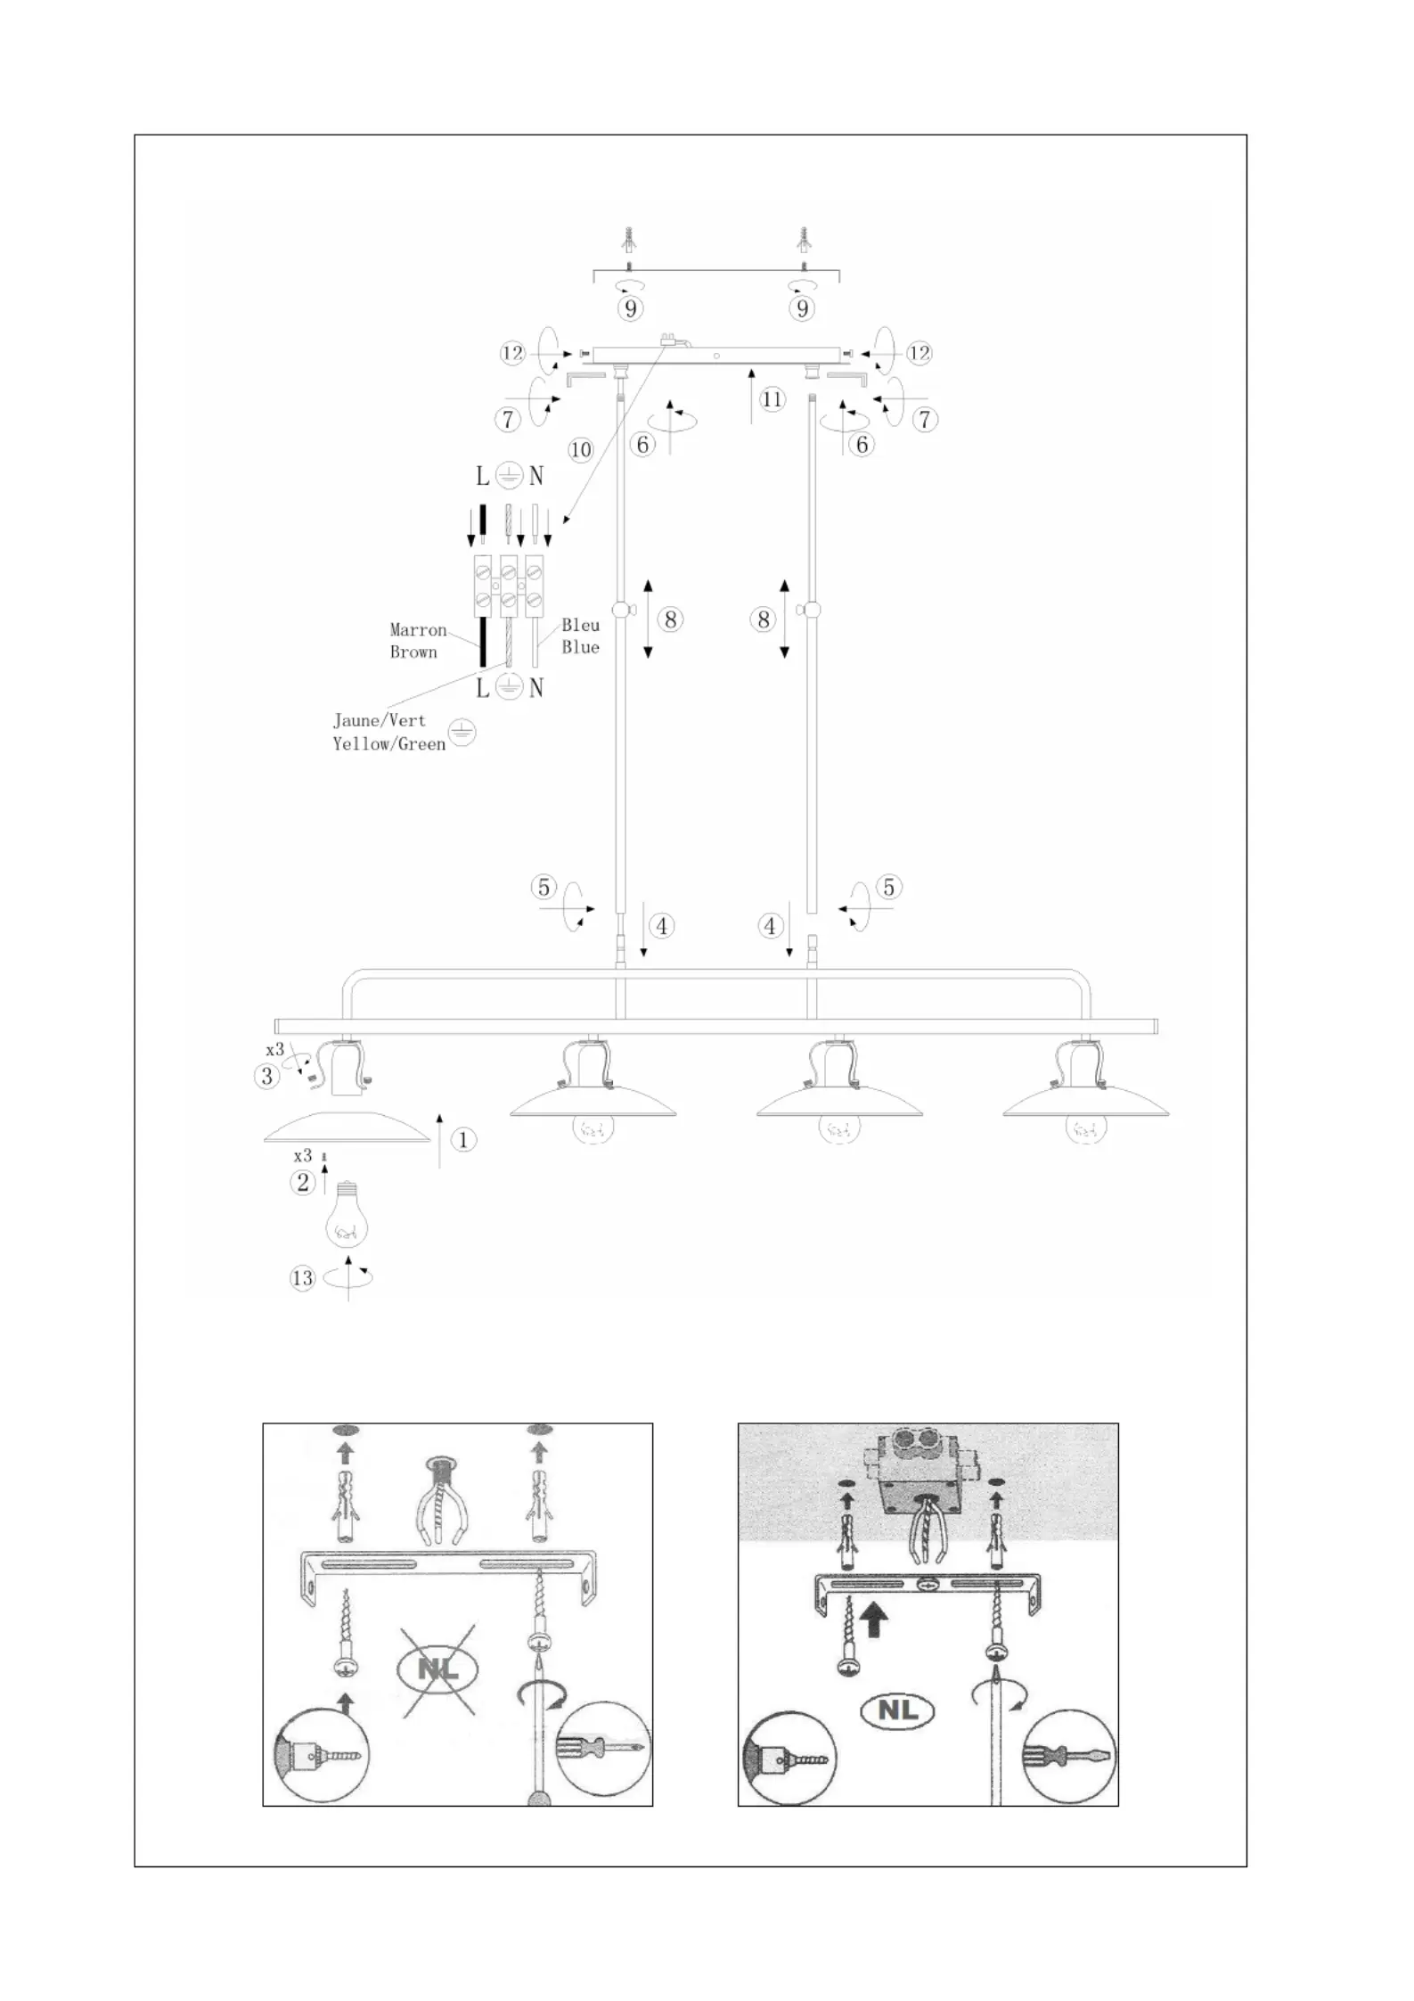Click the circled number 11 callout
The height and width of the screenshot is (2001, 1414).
(x=772, y=399)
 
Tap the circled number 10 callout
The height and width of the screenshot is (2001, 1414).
(x=580, y=450)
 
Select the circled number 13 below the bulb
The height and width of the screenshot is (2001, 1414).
(x=303, y=1278)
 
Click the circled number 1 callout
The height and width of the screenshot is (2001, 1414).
(x=462, y=1139)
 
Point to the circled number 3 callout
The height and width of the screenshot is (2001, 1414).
(x=266, y=1076)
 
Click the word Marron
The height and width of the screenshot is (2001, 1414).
(x=418, y=630)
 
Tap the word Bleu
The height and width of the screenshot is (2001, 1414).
(x=580, y=625)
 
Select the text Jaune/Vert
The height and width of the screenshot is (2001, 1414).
(x=380, y=720)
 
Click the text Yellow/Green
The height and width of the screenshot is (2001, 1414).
(x=389, y=743)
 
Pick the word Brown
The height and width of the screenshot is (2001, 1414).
(x=413, y=652)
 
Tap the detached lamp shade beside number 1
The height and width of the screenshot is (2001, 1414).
(x=347, y=1128)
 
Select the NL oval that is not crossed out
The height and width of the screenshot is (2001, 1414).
(x=898, y=1710)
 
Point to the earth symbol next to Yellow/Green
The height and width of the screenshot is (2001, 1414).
(x=462, y=733)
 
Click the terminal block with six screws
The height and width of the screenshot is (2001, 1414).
(x=509, y=586)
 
